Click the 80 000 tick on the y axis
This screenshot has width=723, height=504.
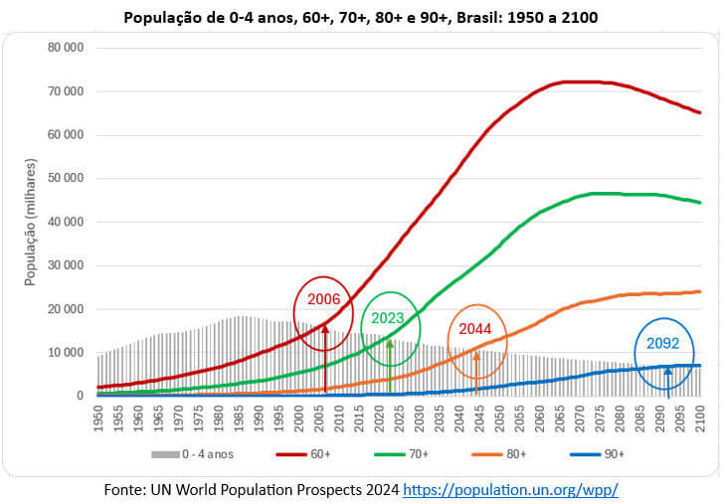click(x=65, y=48)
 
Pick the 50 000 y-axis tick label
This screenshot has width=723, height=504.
click(x=65, y=178)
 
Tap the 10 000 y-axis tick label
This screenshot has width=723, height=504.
click(x=65, y=352)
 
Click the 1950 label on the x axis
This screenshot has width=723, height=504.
click(x=98, y=419)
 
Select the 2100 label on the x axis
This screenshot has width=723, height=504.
click(x=700, y=419)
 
